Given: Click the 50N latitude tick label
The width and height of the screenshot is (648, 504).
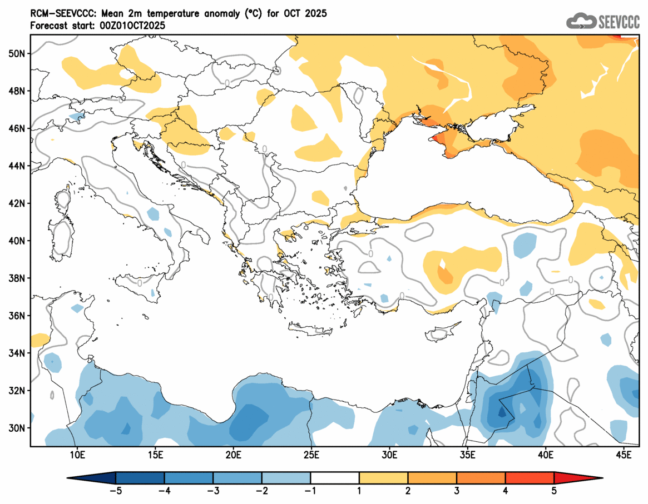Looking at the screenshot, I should (17, 53).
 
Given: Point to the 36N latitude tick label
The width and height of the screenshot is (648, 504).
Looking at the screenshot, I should (17, 316).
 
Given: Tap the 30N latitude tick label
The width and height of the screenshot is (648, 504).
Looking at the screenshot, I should (17, 428).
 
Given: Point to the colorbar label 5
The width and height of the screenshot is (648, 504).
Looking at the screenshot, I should (555, 491).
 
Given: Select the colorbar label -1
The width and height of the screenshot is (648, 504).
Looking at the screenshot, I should (311, 491).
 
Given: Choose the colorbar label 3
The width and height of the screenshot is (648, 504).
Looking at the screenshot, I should (457, 491).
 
